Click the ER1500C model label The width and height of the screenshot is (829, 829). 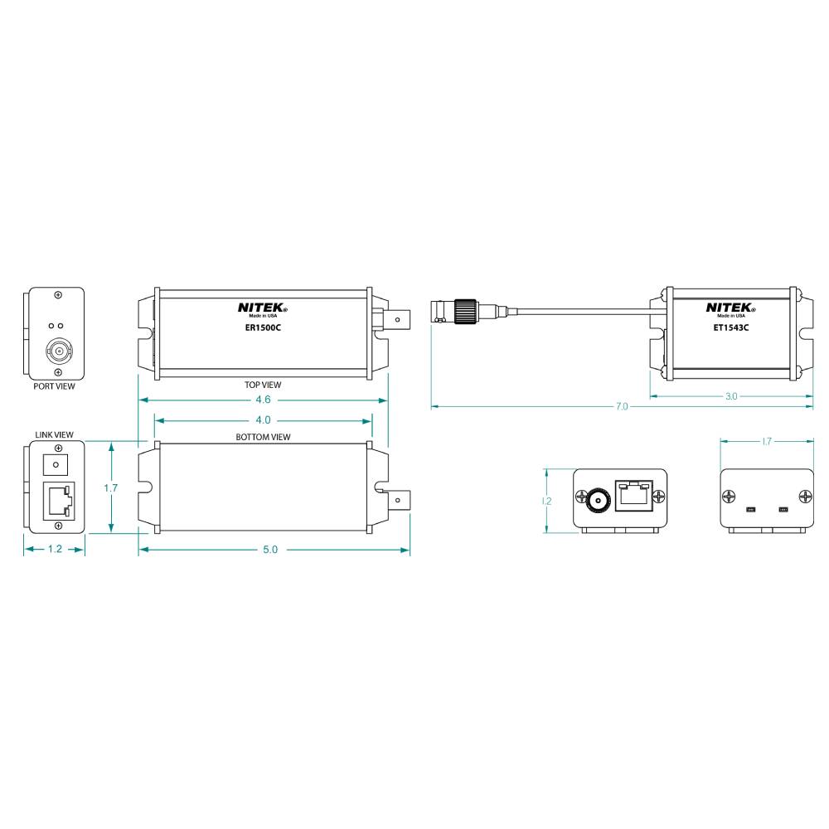(263, 327)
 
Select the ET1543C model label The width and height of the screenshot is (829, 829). (731, 327)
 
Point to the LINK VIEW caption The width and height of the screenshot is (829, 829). (55, 434)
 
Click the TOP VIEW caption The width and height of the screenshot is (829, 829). (264, 385)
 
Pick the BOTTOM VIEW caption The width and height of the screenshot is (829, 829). (264, 437)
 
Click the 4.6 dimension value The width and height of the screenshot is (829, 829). (263, 400)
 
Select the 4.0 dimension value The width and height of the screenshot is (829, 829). (263, 420)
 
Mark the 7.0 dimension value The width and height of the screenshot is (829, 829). (622, 407)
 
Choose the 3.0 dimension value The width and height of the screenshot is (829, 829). (731, 396)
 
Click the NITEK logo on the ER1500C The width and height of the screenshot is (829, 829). (263, 307)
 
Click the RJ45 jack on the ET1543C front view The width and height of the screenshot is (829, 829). (632, 496)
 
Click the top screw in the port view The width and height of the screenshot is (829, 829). (57, 296)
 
